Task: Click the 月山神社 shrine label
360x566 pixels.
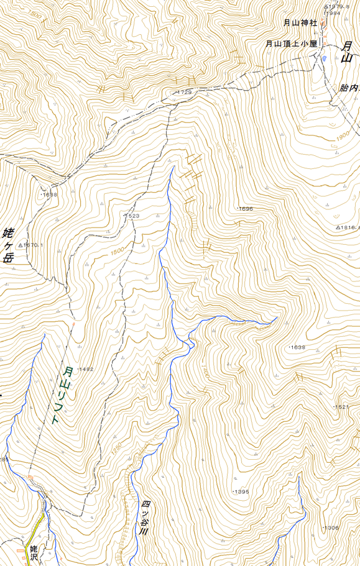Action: point(300,23)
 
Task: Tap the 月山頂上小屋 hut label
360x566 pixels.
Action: point(292,43)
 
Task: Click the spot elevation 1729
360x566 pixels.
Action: point(183,92)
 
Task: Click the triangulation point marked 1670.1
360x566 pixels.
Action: point(32,245)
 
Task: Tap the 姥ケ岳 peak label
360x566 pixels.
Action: point(8,245)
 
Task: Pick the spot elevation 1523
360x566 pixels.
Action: point(132,216)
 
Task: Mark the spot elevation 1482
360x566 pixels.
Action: point(85,369)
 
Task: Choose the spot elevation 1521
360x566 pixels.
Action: point(341,407)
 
